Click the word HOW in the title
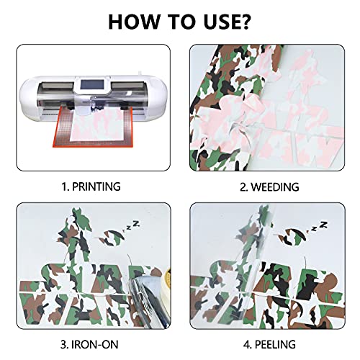(x=134, y=22)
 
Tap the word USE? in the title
(x=226, y=22)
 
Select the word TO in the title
(x=181, y=22)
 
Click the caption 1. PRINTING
(x=91, y=186)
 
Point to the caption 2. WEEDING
(x=269, y=186)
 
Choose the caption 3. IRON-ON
(x=89, y=344)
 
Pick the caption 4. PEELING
(x=269, y=344)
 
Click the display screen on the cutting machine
(x=88, y=84)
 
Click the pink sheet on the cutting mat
(x=96, y=126)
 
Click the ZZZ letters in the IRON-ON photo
(x=131, y=226)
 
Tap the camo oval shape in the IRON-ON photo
(x=110, y=238)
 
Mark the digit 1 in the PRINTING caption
(x=64, y=186)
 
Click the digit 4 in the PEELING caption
(x=247, y=345)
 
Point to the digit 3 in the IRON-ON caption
(x=64, y=345)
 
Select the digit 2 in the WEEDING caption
(x=243, y=187)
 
